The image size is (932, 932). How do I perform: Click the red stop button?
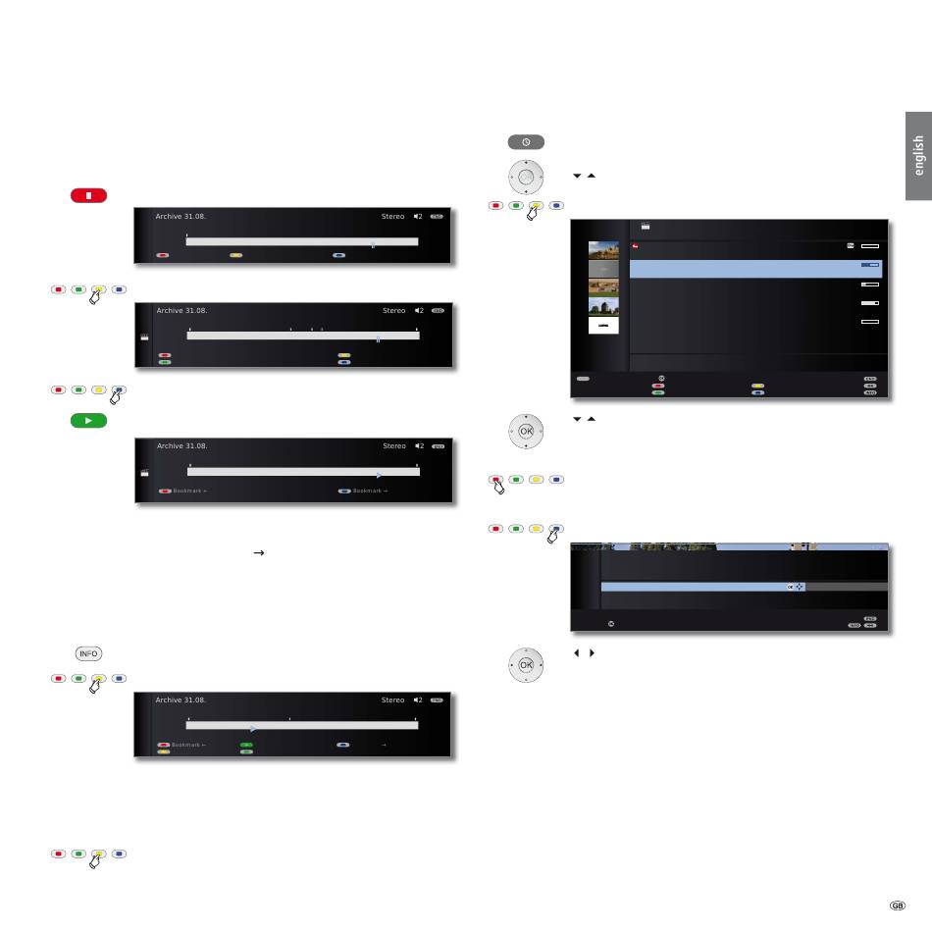[88, 195]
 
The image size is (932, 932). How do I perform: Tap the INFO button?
[88, 654]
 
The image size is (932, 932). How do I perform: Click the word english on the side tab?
[918, 155]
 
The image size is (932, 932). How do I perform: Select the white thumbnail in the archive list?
[603, 325]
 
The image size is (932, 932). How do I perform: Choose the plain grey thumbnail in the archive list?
[603, 268]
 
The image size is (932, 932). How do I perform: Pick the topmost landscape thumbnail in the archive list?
[603, 248]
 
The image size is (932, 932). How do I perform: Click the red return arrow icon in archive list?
[636, 246]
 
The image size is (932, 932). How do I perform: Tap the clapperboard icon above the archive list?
[647, 226]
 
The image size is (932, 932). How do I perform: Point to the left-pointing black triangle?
[574, 651]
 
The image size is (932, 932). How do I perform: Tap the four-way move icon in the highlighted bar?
[800, 587]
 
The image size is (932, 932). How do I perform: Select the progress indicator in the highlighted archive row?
[871, 265]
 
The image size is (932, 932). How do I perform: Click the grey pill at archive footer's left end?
[583, 377]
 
